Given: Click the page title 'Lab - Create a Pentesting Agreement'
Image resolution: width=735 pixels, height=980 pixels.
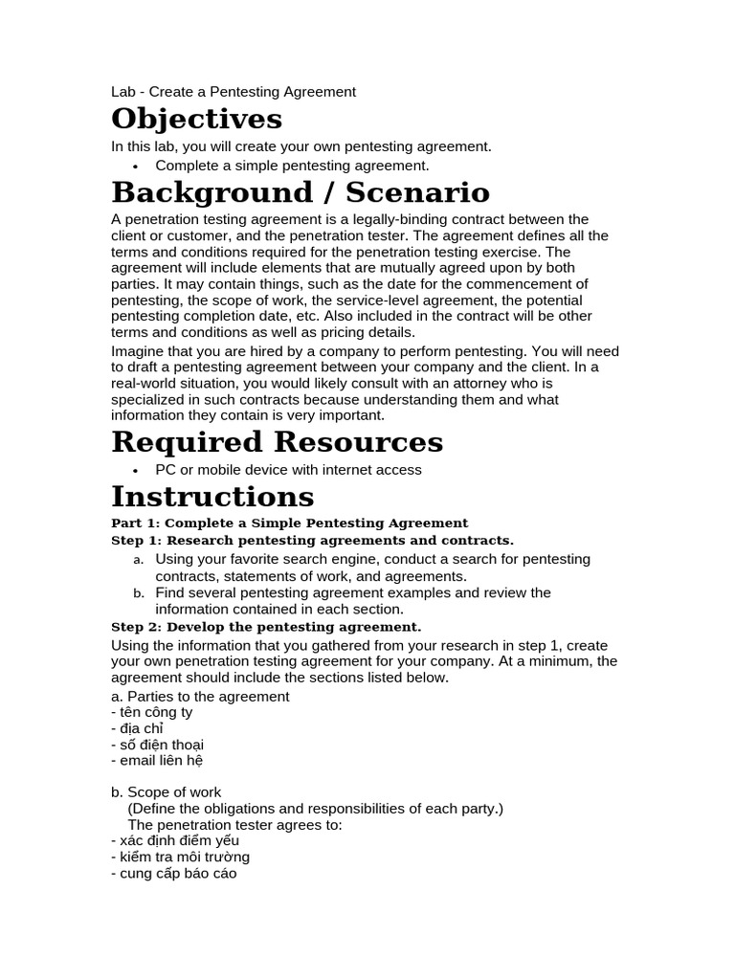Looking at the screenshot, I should (x=234, y=92).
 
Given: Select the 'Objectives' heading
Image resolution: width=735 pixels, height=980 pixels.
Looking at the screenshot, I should (x=197, y=120).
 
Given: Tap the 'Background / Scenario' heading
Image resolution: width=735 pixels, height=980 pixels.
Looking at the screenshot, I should (x=301, y=192).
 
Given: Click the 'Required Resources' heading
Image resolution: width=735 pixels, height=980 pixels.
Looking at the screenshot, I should (x=278, y=442).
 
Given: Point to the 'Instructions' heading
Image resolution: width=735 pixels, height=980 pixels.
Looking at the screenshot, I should (x=212, y=497).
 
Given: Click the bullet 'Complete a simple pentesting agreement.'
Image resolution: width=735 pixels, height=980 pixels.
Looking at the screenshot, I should (x=292, y=166).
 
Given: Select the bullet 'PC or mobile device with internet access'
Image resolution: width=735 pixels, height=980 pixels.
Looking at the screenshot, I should (x=288, y=470).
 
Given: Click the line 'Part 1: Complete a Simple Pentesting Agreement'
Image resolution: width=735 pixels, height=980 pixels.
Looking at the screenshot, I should (x=290, y=523).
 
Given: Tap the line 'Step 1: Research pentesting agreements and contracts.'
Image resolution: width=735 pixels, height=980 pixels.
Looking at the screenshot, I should (x=313, y=541).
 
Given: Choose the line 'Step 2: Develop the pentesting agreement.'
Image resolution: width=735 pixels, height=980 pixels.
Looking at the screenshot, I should (x=266, y=627).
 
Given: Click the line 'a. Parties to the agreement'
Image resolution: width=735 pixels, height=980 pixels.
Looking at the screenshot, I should (x=200, y=697).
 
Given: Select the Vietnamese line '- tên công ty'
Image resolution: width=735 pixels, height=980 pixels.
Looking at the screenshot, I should (x=152, y=713).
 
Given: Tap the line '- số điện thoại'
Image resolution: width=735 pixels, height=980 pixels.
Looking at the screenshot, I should (x=158, y=745).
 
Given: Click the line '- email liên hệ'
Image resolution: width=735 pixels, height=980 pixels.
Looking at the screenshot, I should (x=158, y=761).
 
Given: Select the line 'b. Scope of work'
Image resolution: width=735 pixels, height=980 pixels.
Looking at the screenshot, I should (x=167, y=792).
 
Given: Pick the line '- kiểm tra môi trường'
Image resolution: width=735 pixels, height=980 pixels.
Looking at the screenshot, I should (x=180, y=857).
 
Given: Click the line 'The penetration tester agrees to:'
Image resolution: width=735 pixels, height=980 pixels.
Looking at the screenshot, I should (x=234, y=824).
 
